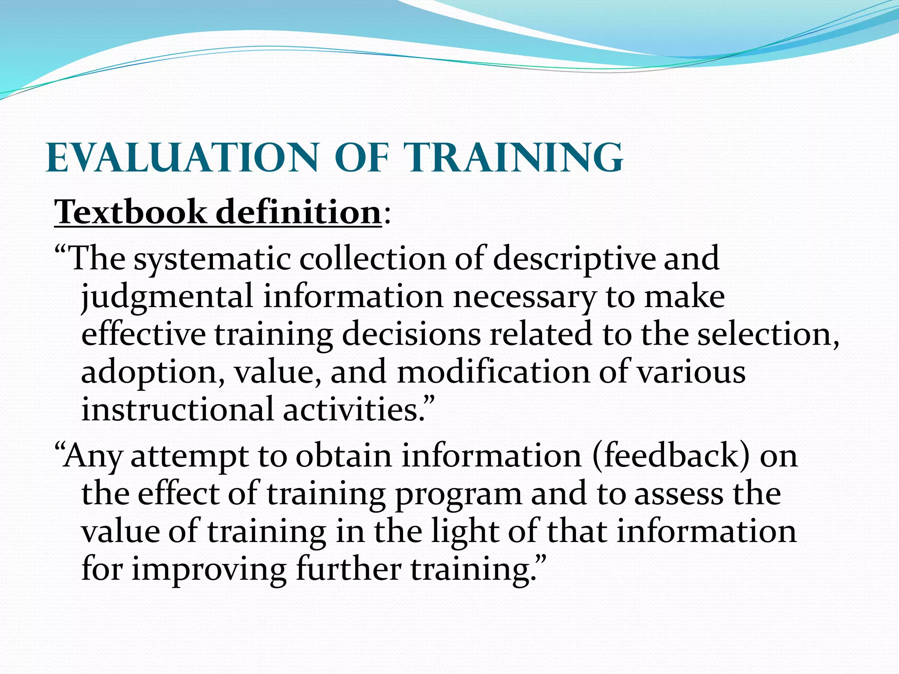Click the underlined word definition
[298, 212]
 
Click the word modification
[493, 372]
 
